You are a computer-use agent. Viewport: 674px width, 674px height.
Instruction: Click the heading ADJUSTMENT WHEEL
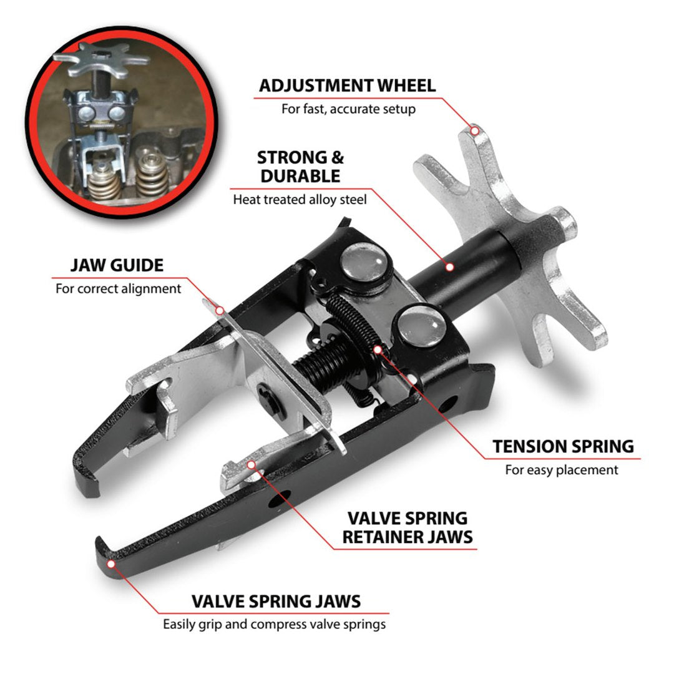(347, 85)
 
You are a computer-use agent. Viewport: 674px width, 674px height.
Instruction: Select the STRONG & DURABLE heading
(301, 167)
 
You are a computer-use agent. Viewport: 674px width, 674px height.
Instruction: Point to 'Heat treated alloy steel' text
(300, 200)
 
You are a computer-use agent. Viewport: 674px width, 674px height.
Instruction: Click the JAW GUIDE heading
(117, 265)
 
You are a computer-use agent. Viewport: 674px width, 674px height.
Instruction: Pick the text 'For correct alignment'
(118, 289)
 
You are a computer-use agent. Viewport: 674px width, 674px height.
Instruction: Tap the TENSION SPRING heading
(562, 446)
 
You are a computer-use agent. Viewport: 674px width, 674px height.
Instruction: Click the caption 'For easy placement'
(562, 470)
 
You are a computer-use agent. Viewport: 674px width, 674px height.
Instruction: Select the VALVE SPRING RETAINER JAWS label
(406, 527)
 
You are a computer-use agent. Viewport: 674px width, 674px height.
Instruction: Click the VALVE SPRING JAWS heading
(276, 601)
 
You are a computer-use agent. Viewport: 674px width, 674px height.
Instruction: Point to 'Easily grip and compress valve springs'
(275, 624)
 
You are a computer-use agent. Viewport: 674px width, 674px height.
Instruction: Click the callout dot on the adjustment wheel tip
(475, 131)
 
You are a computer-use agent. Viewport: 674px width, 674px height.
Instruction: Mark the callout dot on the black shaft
(449, 266)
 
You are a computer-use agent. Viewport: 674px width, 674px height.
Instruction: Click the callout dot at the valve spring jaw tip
(112, 564)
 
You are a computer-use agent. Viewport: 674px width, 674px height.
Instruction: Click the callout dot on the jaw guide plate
(219, 310)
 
